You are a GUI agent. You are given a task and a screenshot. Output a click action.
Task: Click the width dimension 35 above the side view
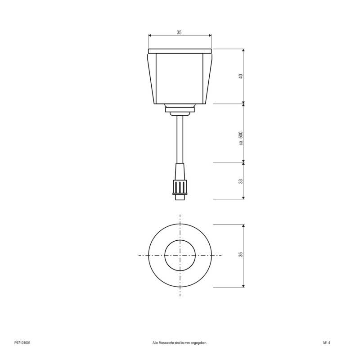(x=179, y=32)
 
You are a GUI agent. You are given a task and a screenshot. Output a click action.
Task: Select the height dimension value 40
(x=241, y=76)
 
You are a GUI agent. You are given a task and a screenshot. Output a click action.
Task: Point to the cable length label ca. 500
(x=241, y=138)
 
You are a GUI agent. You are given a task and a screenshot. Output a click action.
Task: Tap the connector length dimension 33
(x=241, y=181)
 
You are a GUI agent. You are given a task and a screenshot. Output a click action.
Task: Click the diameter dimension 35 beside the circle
(x=241, y=255)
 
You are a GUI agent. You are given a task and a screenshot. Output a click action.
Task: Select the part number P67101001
(x=22, y=343)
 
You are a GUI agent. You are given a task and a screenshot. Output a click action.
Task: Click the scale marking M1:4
(x=327, y=343)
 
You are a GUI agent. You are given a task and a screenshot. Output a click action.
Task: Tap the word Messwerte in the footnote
(x=169, y=343)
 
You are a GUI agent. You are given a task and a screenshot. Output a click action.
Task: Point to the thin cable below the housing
(x=180, y=139)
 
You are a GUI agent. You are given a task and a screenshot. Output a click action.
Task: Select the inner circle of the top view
(x=180, y=255)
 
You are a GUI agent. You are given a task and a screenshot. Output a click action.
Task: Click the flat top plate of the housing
(x=180, y=49)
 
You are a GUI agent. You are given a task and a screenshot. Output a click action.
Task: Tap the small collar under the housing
(x=180, y=108)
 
